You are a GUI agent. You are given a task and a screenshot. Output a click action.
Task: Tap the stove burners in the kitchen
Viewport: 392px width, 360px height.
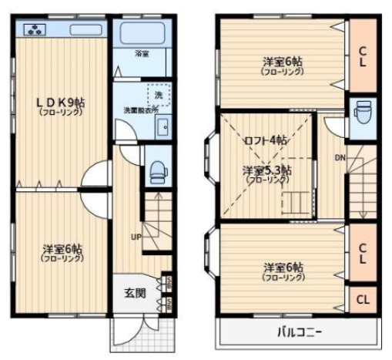[35, 31]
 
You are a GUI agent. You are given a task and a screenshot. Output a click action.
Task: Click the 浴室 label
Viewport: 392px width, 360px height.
[141, 54]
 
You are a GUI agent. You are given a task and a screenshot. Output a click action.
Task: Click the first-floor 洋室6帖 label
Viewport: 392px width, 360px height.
[62, 251]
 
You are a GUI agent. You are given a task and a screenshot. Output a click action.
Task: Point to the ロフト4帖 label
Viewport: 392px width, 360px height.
[266, 140]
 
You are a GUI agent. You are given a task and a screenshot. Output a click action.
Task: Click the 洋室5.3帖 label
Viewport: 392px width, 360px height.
[266, 170]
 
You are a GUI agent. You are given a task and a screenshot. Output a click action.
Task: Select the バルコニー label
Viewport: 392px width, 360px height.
[300, 333]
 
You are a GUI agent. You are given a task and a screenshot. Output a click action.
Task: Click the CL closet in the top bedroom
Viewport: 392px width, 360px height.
[361, 56]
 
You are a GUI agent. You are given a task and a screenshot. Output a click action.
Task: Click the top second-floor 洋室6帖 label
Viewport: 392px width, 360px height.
[282, 62]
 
